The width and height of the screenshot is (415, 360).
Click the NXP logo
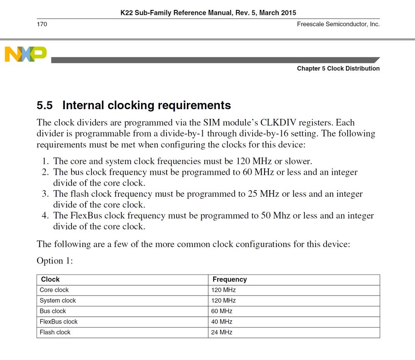25,54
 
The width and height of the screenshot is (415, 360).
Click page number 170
42,24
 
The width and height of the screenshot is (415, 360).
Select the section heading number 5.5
45,105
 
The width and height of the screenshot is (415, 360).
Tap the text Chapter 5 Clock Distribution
338,69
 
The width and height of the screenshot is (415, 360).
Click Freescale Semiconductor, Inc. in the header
338,24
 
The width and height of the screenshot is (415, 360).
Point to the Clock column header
50,279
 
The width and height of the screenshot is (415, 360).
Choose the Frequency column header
229,279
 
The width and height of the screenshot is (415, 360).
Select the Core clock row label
54,290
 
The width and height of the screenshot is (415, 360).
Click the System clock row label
58,301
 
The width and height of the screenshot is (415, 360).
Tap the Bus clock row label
53,311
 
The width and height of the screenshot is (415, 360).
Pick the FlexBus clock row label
59,322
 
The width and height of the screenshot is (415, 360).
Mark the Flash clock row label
55,332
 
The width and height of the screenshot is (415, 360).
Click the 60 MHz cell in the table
221,311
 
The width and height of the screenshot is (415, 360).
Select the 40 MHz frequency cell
221,322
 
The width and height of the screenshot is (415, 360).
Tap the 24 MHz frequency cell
221,332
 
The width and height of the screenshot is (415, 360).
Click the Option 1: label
55,261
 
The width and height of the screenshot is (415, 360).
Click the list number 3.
45,194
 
